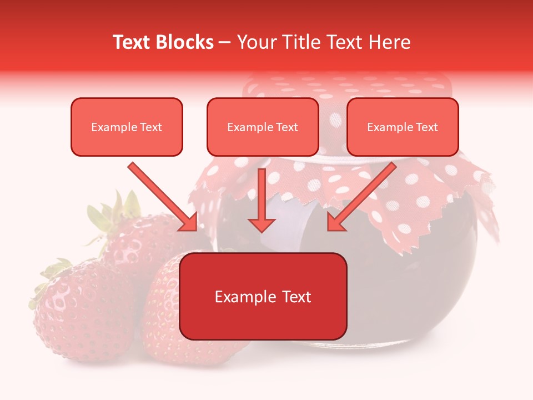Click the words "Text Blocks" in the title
pos(163,42)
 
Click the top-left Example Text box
pos(127,127)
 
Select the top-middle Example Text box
pos(263,127)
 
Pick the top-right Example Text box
pos(403,127)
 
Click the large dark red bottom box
pos(263,296)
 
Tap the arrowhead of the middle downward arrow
pos(262,223)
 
